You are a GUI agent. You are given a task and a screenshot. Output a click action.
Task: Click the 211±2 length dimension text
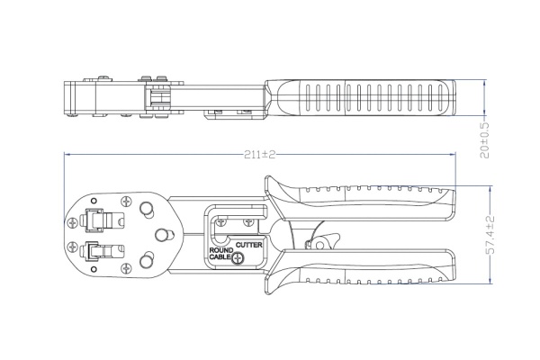260,155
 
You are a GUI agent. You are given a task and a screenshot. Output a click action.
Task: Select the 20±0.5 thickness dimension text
485,139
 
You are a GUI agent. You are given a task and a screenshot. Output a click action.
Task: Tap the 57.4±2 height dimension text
490,235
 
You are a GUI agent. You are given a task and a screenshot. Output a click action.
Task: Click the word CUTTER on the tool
249,245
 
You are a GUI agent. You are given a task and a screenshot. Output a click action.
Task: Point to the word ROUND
221,250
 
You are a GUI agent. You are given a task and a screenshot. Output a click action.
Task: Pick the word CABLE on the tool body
220,257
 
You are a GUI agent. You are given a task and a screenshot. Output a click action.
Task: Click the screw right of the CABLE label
238,258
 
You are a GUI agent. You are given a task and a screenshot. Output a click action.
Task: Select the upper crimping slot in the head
101,220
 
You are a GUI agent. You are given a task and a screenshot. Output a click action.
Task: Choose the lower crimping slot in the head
101,251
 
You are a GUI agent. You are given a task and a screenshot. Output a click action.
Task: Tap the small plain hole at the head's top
94,201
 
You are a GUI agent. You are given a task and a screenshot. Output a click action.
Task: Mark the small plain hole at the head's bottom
94,269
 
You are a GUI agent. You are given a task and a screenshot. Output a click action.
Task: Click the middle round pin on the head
163,235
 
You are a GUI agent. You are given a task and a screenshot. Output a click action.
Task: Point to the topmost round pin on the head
147,210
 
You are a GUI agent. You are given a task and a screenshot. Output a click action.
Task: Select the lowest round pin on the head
147,261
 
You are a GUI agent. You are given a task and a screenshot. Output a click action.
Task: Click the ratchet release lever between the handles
323,241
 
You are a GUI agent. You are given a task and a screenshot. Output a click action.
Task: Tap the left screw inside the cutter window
220,222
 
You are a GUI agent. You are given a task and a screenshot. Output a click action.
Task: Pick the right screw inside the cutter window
248,222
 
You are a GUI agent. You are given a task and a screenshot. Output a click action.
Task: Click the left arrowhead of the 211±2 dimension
67,155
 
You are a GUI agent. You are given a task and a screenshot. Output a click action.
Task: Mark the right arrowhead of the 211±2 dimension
452,155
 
